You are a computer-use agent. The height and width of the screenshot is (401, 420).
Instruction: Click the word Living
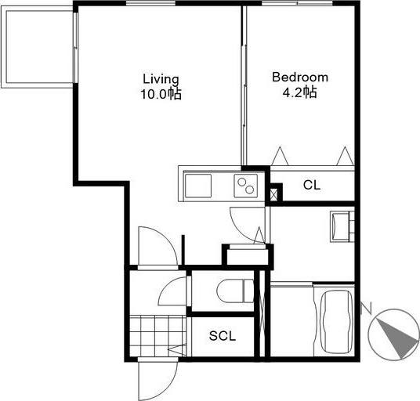(161, 80)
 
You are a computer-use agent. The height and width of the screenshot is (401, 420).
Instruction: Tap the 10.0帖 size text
(161, 94)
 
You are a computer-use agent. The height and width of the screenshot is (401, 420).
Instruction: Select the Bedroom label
(300, 78)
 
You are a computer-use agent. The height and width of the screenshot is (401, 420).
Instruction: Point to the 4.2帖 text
(300, 92)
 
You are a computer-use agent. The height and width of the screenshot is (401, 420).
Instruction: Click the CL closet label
(312, 185)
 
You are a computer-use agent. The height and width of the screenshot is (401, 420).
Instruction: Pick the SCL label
(223, 336)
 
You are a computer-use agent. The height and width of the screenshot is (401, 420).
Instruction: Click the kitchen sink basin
(198, 186)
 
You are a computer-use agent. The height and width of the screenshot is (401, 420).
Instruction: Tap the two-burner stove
(245, 186)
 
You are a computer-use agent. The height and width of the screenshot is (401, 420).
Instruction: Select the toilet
(235, 291)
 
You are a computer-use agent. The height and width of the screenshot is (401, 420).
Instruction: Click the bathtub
(337, 322)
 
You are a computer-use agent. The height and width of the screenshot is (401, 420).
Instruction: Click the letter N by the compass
(367, 308)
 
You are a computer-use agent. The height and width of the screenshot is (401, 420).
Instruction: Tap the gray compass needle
(398, 338)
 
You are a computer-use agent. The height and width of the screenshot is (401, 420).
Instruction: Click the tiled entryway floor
(157, 336)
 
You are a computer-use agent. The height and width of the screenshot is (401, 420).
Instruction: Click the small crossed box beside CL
(273, 194)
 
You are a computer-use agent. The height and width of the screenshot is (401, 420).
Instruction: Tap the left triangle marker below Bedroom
(280, 156)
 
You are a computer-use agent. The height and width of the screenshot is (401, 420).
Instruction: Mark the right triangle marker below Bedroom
(345, 156)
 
